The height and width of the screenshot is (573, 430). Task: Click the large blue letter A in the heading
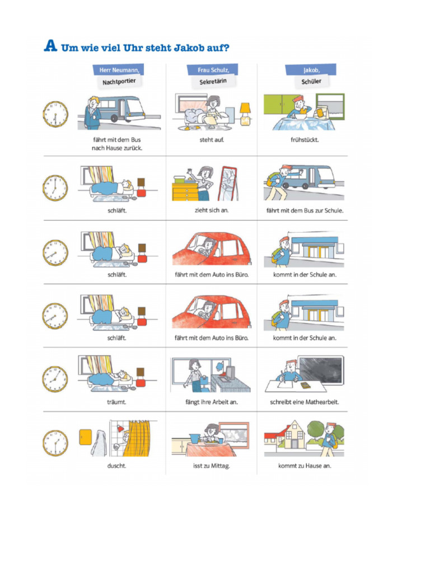(50, 45)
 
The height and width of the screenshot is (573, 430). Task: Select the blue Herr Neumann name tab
(119, 69)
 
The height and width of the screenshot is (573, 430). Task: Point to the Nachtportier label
(119, 82)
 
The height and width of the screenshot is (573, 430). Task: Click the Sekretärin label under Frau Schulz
(213, 82)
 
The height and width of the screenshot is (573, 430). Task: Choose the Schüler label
(311, 82)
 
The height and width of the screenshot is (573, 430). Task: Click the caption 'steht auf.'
(212, 139)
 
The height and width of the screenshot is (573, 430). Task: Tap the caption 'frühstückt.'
(305, 139)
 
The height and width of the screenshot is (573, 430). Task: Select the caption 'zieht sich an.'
(212, 210)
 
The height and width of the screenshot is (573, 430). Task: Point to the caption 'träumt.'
(116, 402)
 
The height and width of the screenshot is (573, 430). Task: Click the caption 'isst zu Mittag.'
(211, 466)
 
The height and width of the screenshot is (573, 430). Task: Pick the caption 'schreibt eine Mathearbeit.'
(305, 402)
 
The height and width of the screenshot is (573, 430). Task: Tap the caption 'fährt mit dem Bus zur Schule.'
(305, 210)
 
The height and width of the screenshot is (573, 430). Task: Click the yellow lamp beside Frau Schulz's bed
(245, 114)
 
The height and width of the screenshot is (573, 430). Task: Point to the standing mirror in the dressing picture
(228, 184)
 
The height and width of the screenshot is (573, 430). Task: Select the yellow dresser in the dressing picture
(185, 191)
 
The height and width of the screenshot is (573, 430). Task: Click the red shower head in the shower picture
(120, 428)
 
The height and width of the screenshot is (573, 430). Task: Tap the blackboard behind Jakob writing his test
(321, 369)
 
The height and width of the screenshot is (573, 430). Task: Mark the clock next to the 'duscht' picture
(55, 443)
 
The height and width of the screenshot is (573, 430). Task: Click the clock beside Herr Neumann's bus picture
(55, 114)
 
